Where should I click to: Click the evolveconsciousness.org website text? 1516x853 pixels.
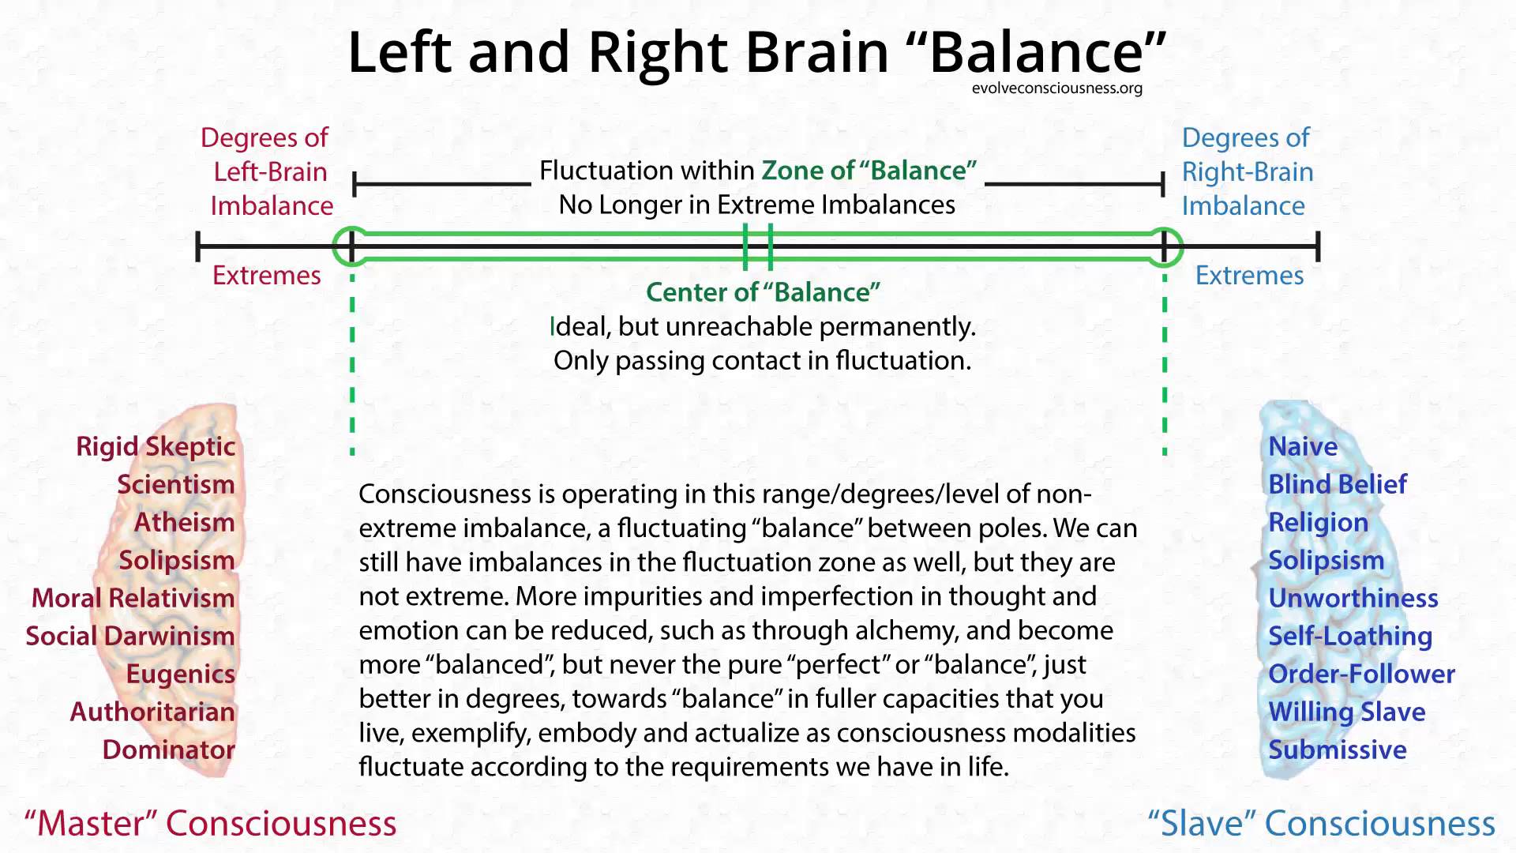point(1056,88)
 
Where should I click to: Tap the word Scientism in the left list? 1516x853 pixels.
point(175,484)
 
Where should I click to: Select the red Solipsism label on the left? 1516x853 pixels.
point(176,560)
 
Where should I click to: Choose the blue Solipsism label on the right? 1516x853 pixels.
point(1326,560)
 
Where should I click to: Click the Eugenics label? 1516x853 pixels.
point(180,674)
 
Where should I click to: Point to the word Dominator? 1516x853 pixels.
point(168,750)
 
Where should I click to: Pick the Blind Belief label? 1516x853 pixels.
point(1337,484)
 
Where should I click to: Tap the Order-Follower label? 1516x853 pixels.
point(1361,674)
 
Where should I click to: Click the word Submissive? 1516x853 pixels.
point(1337,750)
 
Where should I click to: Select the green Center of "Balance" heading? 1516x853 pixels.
point(763,292)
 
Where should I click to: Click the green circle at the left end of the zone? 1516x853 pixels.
point(351,246)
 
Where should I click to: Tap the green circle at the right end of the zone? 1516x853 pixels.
point(1164,246)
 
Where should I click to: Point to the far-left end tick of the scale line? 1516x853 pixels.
point(198,246)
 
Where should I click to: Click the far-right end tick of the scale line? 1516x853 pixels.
point(1318,246)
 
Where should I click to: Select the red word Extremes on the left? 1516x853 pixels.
point(267,276)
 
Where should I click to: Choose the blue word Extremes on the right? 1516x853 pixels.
point(1249,276)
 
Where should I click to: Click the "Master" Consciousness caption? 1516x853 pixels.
point(211,823)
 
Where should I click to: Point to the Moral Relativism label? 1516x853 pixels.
point(133,598)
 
